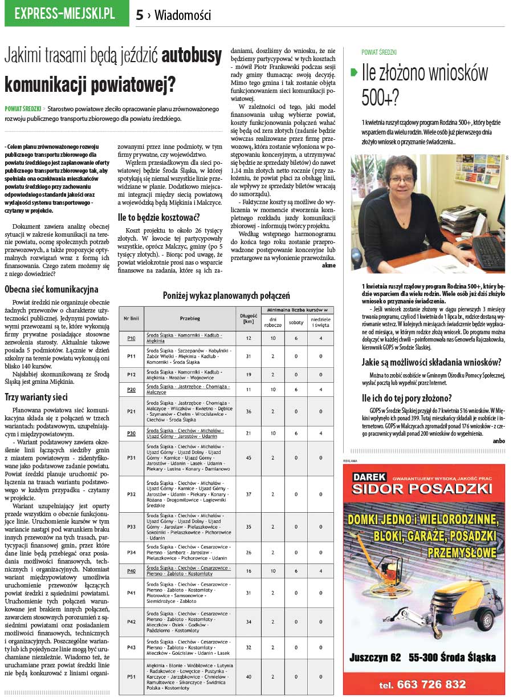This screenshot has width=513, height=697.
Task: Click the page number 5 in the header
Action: point(140,15)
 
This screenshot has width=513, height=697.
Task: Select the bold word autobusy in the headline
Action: point(192,55)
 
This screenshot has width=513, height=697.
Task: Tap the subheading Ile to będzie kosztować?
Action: point(158,217)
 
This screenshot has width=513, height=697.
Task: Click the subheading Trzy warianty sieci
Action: point(36,397)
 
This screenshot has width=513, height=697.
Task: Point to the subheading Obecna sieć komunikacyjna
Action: point(51,289)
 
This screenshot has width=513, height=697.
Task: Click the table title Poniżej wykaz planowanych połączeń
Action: point(226,295)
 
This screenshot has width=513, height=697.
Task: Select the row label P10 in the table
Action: point(131,338)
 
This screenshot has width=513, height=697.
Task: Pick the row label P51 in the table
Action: point(131,676)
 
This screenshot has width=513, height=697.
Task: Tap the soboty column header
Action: point(296,322)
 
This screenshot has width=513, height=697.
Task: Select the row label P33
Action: point(131,526)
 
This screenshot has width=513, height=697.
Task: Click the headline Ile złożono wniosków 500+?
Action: point(425,85)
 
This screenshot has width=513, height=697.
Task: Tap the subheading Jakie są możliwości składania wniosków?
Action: point(431,362)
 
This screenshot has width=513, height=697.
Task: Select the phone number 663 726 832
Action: point(422,684)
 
